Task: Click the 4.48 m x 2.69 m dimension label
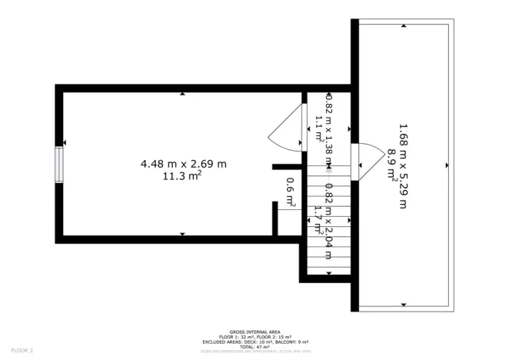point(183,163)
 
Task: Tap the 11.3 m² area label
point(182,176)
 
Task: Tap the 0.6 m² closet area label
point(291,192)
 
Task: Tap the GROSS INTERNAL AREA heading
point(254,332)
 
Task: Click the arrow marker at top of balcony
point(404,25)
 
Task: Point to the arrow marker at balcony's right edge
point(447,165)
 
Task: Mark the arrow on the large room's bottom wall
point(182,233)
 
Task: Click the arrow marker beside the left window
point(65,142)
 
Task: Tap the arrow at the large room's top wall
point(182,94)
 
